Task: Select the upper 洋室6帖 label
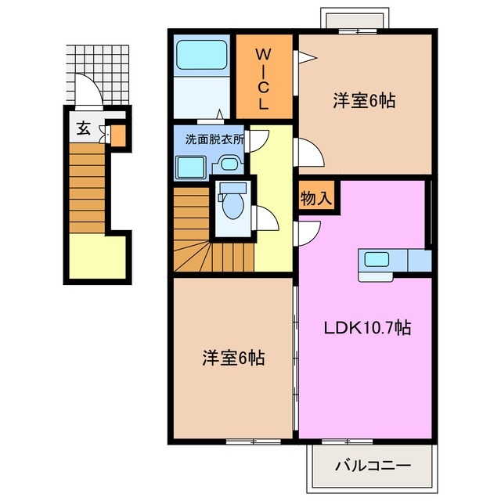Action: click(363, 101)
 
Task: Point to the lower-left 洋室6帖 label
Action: click(233, 358)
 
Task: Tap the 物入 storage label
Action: click(316, 198)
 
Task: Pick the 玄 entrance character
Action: click(83, 129)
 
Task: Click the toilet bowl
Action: click(232, 205)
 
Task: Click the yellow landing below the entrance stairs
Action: click(96, 258)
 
